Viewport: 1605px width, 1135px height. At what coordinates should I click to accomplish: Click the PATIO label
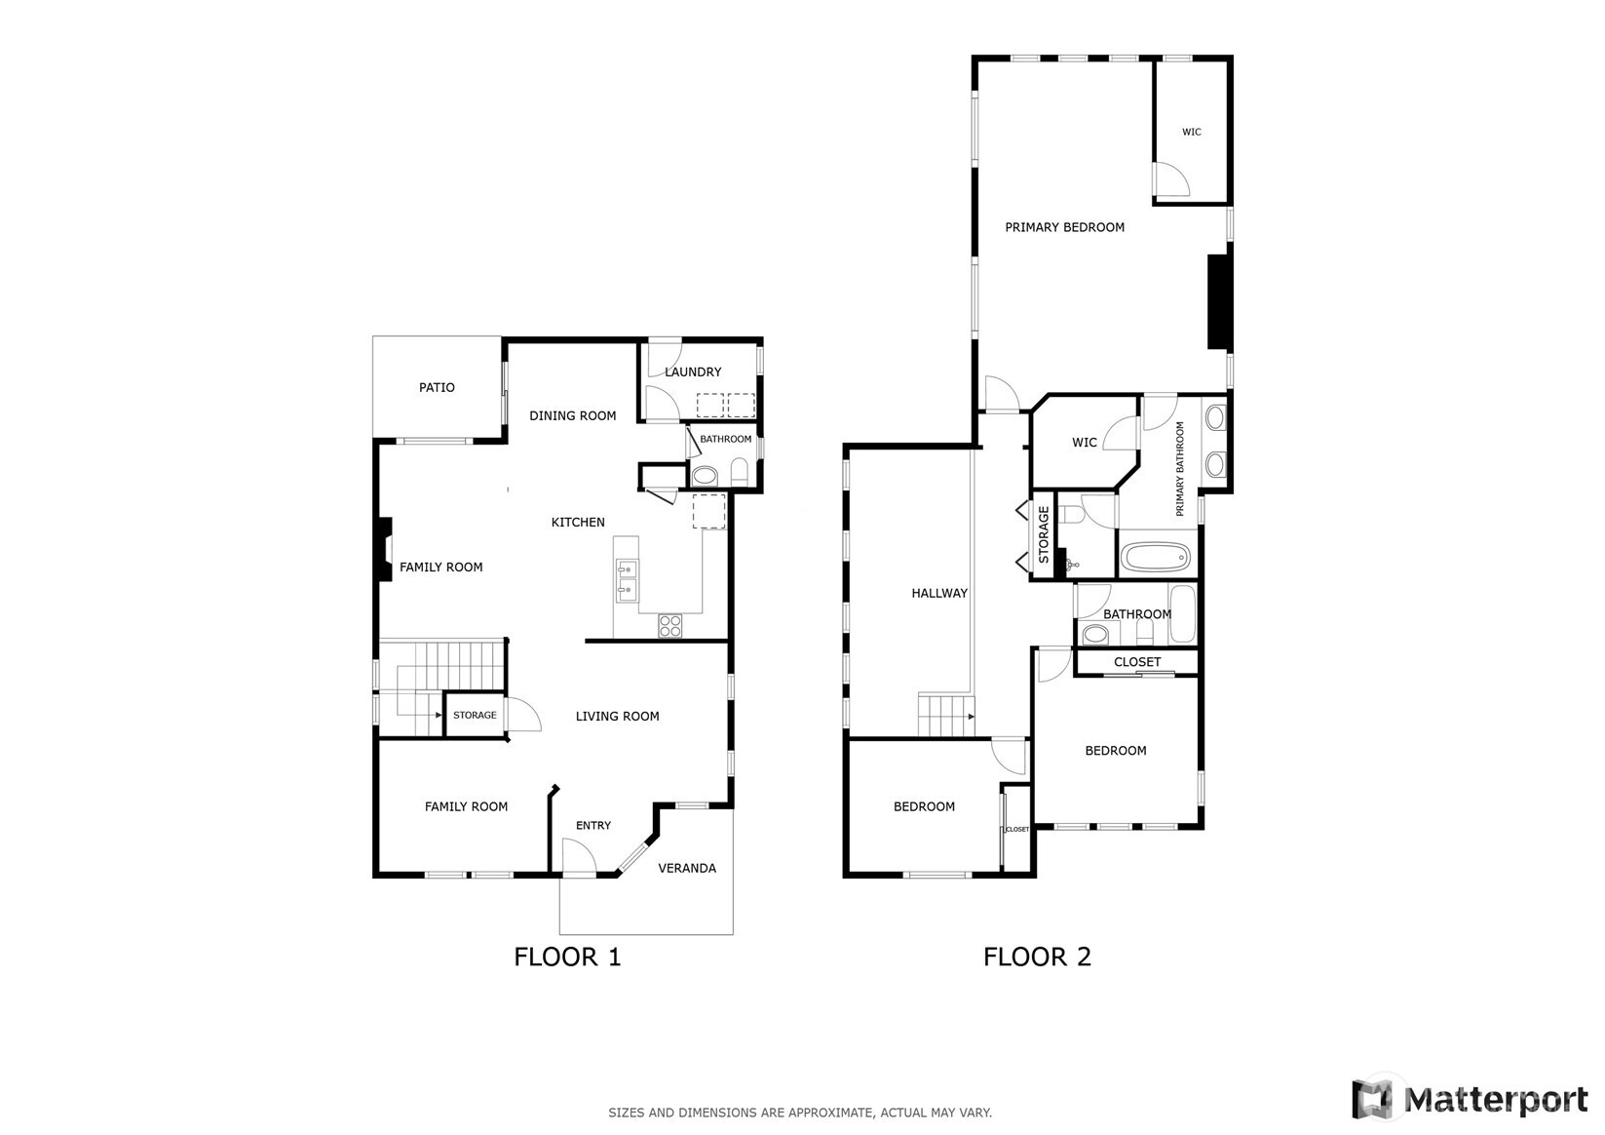coord(437,387)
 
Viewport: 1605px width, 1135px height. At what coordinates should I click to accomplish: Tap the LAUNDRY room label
coord(693,372)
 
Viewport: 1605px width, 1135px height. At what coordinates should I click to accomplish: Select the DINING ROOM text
coord(572,415)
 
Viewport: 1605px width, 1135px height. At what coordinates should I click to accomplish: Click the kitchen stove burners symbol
coord(670,625)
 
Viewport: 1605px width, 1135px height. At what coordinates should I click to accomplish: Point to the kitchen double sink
coord(626,578)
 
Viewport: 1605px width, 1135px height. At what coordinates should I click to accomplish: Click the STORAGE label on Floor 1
coord(475,715)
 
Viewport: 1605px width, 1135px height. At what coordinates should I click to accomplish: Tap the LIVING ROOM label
coord(617,716)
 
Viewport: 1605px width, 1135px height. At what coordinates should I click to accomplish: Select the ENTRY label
coord(592,825)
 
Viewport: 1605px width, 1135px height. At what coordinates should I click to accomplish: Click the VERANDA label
coord(687,868)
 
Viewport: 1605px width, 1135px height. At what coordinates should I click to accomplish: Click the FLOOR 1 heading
coord(567,957)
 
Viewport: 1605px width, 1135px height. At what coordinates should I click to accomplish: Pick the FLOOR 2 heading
coord(1037,957)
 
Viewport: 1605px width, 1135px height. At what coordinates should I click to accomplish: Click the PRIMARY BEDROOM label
coord(1064,227)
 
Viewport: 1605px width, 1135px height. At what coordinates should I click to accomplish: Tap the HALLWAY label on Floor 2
coord(939,593)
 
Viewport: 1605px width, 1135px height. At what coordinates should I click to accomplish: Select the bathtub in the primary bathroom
coord(1155,559)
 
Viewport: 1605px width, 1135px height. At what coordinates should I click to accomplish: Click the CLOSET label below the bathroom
coord(1137,661)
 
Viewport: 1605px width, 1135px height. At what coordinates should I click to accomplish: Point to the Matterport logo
coord(1469,1099)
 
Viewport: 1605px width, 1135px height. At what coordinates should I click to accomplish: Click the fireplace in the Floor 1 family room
coord(384,551)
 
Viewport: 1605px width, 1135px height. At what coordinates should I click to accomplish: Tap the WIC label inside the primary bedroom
coord(1191,132)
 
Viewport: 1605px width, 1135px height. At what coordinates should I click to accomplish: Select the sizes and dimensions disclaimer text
coord(800,1112)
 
